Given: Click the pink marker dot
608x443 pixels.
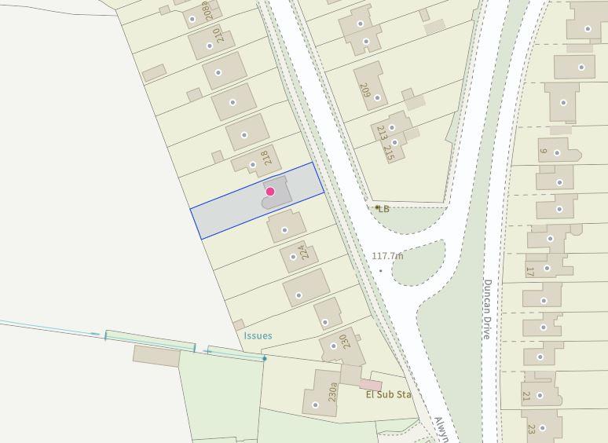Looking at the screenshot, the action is pyautogui.click(x=270, y=192).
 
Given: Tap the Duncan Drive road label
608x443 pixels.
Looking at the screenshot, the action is pyautogui.click(x=487, y=309).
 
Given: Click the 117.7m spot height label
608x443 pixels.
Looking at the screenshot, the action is pyautogui.click(x=387, y=256).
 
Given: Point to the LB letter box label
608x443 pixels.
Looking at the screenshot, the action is pyautogui.click(x=383, y=209).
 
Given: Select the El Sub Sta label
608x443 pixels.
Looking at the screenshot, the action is pyautogui.click(x=388, y=394).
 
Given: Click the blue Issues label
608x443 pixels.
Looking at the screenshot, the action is pyautogui.click(x=258, y=335).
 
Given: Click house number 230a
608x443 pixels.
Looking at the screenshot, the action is pyautogui.click(x=333, y=390).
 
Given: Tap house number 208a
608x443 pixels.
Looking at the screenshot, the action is pyautogui.click(x=207, y=12).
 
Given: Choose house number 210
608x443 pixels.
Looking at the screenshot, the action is pyautogui.click(x=217, y=36).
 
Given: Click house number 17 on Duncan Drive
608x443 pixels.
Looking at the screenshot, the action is pyautogui.click(x=530, y=272).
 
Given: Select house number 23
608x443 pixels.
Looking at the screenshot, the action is pyautogui.click(x=531, y=429).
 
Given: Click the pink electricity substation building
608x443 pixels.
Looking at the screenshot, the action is pyautogui.click(x=371, y=384).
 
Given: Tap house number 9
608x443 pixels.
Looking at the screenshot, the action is pyautogui.click(x=543, y=150).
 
